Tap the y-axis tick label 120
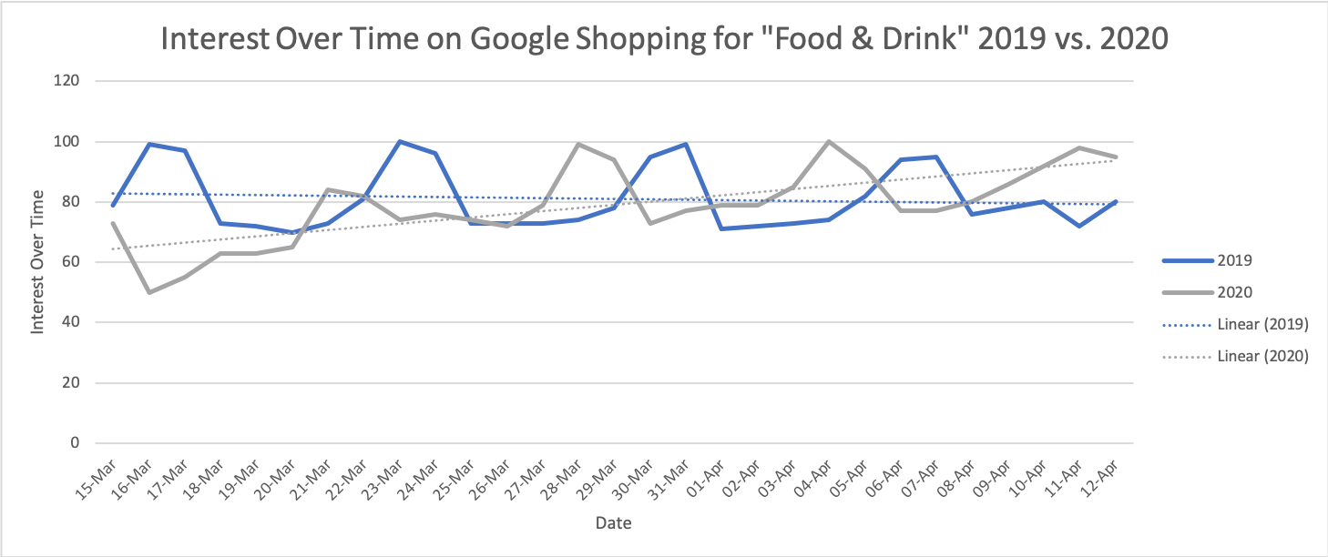click(66, 81)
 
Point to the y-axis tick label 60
click(70, 262)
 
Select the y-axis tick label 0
click(75, 442)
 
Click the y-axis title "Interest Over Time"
click(37, 262)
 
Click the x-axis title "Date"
click(614, 523)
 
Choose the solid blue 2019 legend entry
click(1207, 260)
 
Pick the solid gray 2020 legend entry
click(1207, 293)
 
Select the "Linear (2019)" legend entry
click(1235, 325)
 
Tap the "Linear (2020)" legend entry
click(1235, 357)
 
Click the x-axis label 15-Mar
click(97, 481)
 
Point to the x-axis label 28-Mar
click(562, 481)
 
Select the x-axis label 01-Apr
click(706, 481)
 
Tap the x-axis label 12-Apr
click(1100, 481)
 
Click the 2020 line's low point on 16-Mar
click(148, 292)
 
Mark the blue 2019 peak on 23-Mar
click(400, 141)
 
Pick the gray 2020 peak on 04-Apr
click(829, 141)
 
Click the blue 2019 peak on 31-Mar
click(686, 144)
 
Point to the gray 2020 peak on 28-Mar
click(578, 144)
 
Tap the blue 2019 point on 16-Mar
click(148, 144)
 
